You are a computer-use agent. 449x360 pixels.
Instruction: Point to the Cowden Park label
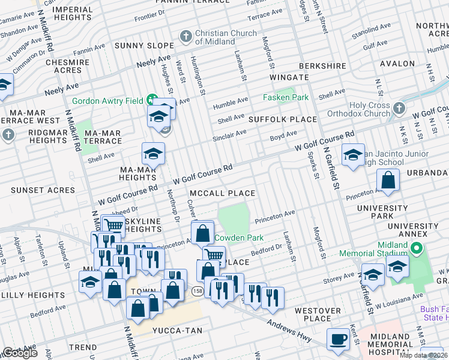tap(239, 238)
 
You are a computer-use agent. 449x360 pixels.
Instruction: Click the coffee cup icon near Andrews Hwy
tap(338, 339)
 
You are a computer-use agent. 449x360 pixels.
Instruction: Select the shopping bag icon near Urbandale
tap(388, 181)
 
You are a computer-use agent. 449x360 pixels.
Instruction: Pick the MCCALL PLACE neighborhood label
tap(223, 194)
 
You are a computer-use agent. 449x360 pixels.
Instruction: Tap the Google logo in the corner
tap(19, 352)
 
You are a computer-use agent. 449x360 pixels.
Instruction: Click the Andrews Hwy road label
tap(289, 331)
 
